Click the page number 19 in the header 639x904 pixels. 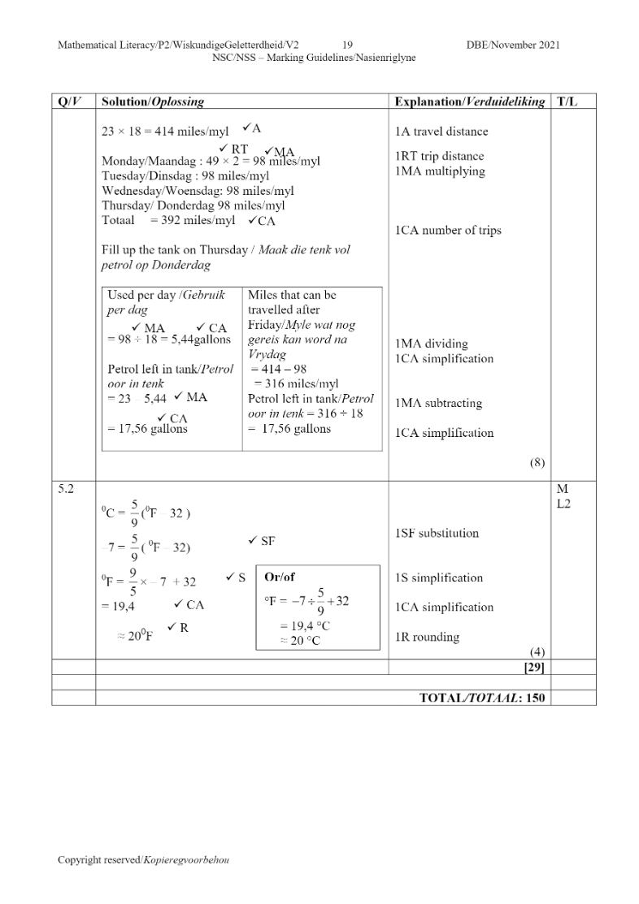tap(347, 45)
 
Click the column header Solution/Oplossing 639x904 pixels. tap(152, 102)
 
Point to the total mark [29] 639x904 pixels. tap(533, 667)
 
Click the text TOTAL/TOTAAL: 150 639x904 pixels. tap(482, 698)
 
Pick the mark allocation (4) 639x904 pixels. tap(537, 652)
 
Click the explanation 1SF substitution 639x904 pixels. tap(437, 534)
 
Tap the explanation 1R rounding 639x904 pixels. tap(427, 638)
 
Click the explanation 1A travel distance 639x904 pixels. tap(441, 132)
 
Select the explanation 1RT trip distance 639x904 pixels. tap(439, 156)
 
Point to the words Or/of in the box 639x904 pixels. tap(280, 577)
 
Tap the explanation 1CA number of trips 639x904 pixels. tap(448, 231)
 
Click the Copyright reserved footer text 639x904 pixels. tap(143, 860)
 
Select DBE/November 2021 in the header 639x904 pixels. tap(513, 45)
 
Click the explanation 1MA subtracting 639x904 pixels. tap(438, 404)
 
